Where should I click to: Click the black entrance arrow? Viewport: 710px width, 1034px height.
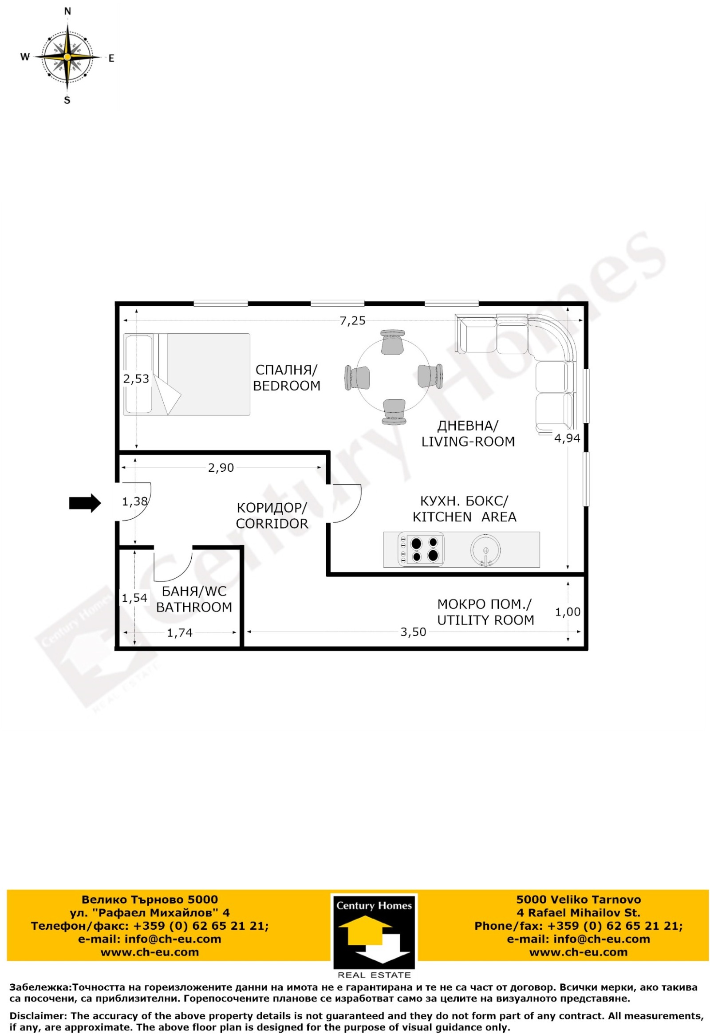click(85, 503)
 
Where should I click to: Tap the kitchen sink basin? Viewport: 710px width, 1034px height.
click(485, 550)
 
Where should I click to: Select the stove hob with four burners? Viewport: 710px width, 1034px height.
click(421, 549)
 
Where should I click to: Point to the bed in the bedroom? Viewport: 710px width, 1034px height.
click(186, 375)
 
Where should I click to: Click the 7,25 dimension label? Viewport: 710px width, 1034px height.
click(352, 321)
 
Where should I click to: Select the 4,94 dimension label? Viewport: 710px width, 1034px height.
click(567, 438)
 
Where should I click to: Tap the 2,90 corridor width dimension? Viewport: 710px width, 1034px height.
click(221, 468)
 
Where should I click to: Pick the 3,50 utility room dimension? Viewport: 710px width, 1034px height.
click(413, 632)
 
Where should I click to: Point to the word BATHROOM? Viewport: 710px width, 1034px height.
click(194, 607)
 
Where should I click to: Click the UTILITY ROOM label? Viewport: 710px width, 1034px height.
click(485, 620)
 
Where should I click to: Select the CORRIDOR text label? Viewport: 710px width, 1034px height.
click(272, 523)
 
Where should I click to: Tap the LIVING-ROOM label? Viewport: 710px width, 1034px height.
click(468, 442)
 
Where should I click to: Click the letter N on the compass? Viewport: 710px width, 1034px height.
click(67, 12)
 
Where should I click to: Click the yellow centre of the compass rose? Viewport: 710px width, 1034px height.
click(67, 57)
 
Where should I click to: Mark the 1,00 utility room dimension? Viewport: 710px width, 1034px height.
click(568, 612)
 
